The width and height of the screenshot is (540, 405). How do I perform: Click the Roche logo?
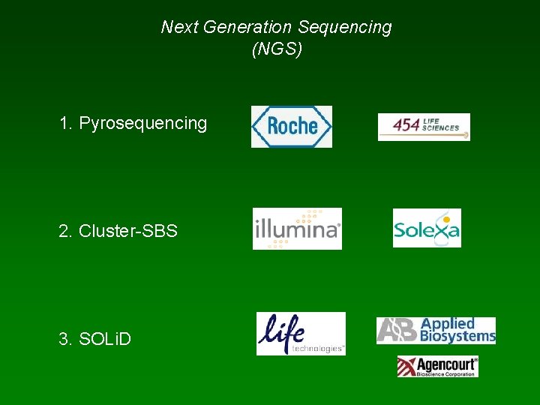291,126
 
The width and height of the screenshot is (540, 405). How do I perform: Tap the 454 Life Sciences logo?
424,127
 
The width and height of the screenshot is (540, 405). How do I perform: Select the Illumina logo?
297,228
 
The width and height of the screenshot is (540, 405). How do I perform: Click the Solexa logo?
427,228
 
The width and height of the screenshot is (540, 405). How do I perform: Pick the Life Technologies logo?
301,334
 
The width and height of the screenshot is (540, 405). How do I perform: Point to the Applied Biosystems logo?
436,330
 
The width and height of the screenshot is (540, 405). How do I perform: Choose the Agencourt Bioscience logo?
437,367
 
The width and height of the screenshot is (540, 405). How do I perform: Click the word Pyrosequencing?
142,123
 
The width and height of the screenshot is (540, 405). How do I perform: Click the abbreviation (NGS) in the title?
277,51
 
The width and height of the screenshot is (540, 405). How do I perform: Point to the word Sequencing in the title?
344,28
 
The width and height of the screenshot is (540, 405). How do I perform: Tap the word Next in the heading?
178,28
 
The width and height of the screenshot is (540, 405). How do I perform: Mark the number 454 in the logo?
406,125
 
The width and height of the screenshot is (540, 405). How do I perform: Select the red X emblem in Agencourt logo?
407,367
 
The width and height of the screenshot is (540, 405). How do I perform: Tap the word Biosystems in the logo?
458,337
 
